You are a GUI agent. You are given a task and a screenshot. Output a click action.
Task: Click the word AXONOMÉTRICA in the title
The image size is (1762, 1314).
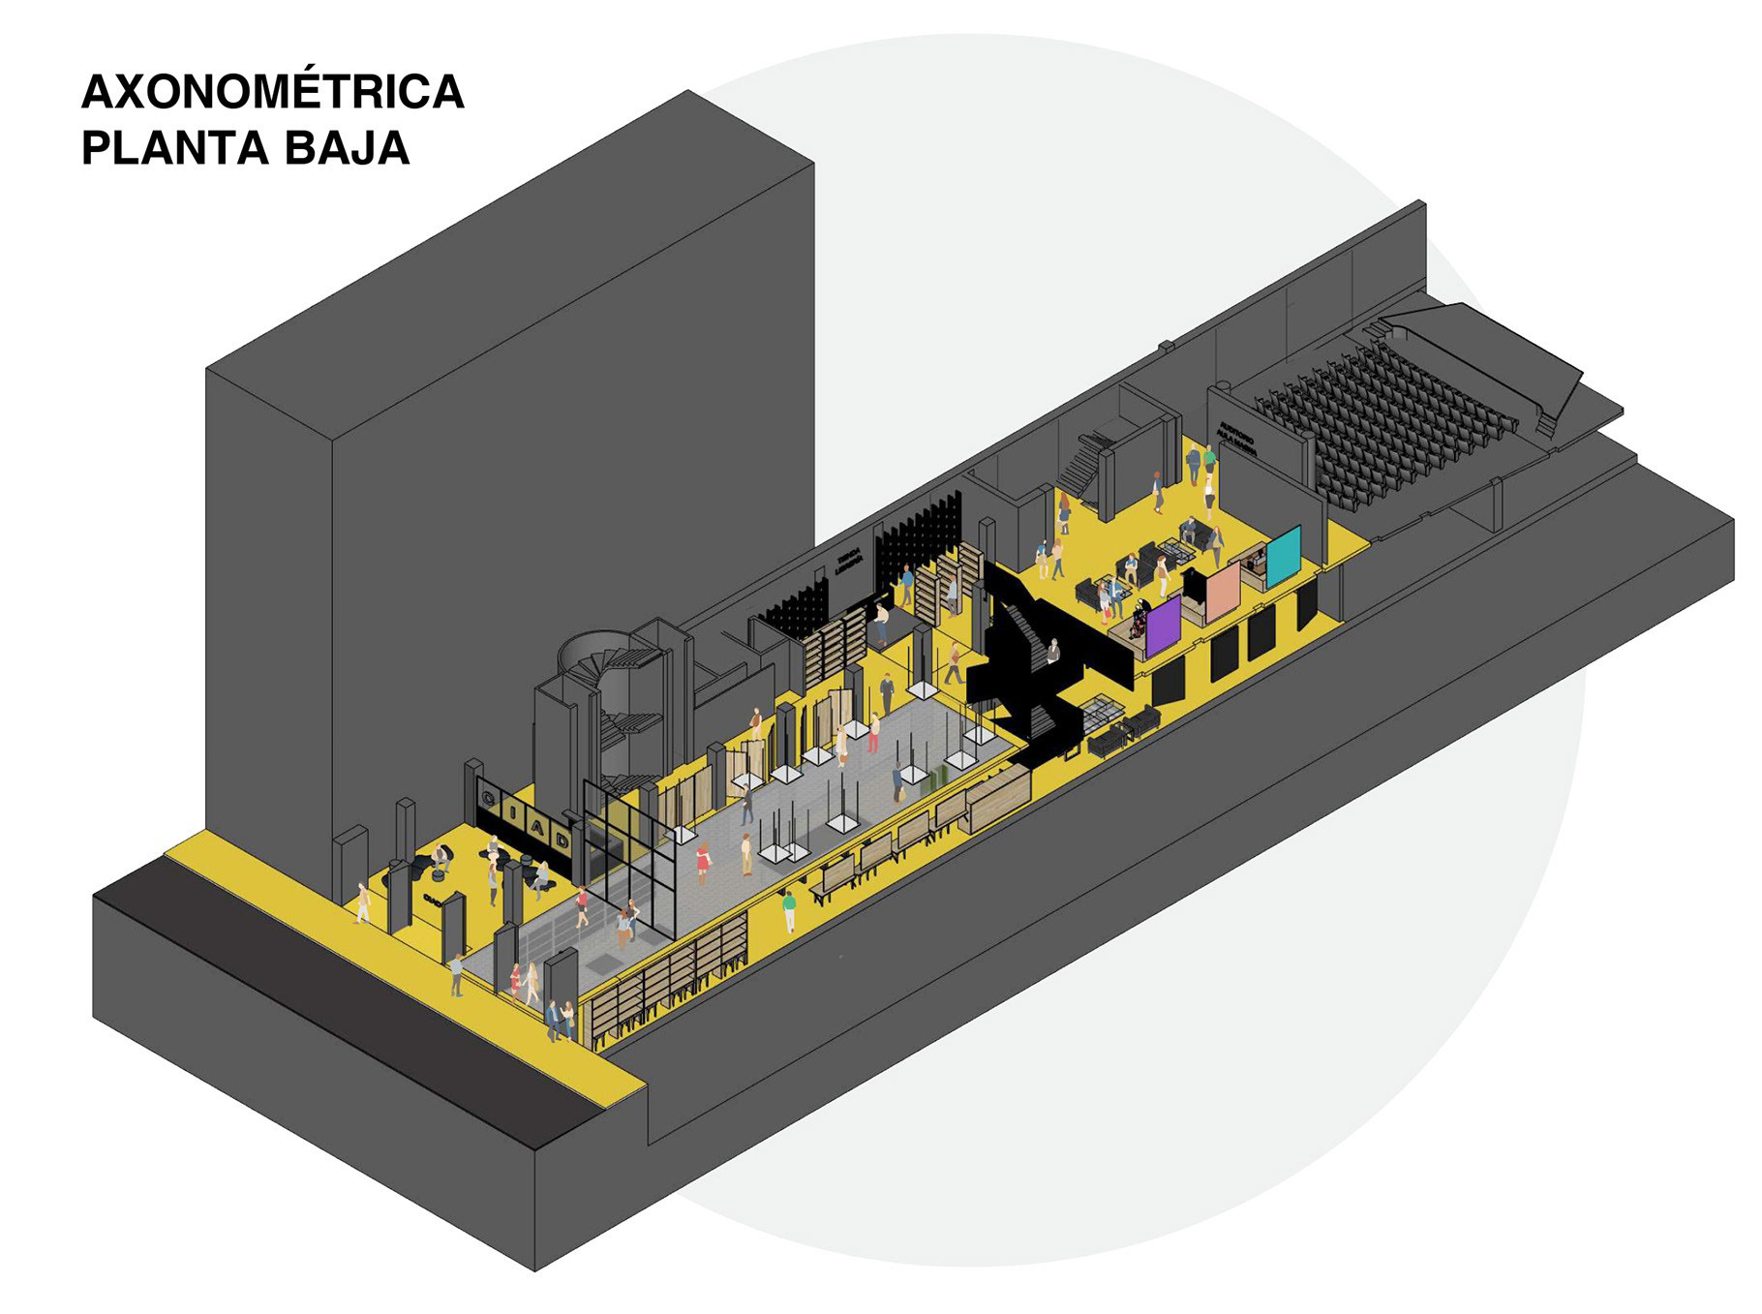[273, 93]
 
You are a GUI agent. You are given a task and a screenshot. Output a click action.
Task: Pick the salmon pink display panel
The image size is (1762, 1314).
[1222, 593]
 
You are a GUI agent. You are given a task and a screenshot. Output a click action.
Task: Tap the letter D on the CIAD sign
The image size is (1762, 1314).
[564, 840]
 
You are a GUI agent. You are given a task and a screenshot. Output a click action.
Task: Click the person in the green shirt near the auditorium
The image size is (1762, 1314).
[1209, 459]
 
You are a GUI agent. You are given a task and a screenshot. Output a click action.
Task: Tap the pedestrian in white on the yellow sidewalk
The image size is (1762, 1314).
[363, 902]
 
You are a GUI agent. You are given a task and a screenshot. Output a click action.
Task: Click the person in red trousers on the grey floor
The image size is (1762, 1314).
[873, 732]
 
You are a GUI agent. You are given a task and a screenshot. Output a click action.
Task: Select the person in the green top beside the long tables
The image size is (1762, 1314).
[789, 910]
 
